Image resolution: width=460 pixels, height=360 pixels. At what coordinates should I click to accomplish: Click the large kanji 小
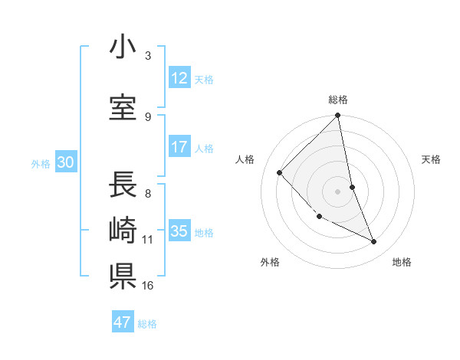point(123,47)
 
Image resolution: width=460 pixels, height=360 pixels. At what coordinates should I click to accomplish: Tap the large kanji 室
point(123,108)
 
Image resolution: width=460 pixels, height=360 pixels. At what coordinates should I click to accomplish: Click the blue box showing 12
point(179,78)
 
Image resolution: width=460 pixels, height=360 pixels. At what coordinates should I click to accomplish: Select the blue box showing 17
point(179,147)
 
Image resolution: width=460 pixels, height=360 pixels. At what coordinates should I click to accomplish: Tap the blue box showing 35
point(179,231)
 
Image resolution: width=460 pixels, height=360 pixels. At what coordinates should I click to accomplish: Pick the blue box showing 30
point(65,163)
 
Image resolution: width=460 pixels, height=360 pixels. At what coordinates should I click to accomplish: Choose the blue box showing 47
point(123,322)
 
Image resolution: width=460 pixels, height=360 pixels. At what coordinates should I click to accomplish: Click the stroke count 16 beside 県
point(148,286)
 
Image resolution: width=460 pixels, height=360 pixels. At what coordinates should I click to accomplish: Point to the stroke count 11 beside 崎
point(148,240)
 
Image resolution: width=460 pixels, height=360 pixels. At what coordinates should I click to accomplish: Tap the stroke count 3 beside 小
point(148,56)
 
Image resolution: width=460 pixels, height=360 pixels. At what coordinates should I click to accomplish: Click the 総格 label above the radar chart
point(338,100)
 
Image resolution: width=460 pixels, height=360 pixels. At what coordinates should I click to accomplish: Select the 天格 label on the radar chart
point(431,159)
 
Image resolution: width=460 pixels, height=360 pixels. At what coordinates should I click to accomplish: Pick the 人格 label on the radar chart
point(245,159)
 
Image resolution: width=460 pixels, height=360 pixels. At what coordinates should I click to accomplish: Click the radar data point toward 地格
point(374,242)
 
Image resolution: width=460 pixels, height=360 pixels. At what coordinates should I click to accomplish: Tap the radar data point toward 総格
point(338,116)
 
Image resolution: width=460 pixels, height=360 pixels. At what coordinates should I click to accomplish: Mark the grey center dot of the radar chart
point(338,191)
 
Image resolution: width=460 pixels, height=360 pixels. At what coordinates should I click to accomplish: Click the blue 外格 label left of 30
point(41,164)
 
